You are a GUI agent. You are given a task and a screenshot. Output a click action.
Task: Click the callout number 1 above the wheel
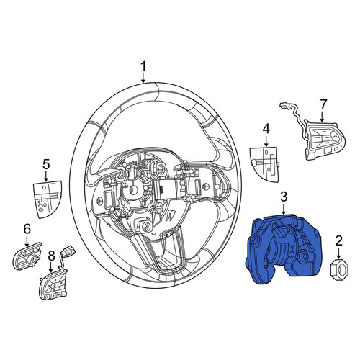click(x=143, y=66)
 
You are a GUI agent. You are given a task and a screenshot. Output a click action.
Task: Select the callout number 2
click(x=338, y=241)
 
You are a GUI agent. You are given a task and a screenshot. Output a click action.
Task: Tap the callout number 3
click(x=284, y=197)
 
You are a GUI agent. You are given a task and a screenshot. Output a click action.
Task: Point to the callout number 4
click(x=266, y=129)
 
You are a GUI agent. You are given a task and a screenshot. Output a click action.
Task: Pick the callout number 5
click(x=46, y=165)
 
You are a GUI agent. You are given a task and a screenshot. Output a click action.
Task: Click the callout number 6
click(x=27, y=229)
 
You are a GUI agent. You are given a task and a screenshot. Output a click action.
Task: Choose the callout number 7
click(x=323, y=104)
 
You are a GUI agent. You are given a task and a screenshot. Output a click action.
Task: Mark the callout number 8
click(x=51, y=256)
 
